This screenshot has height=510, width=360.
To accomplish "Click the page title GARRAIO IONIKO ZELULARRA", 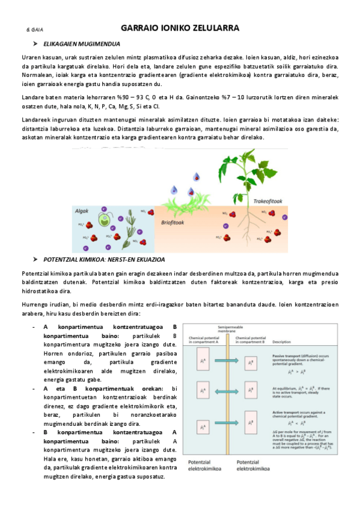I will click(x=180, y=28).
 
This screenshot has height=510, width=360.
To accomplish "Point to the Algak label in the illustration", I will click(x=81, y=211).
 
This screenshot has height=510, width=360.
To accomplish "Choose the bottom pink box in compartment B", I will click(x=255, y=427).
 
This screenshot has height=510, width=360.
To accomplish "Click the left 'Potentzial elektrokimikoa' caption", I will click(x=198, y=465).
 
